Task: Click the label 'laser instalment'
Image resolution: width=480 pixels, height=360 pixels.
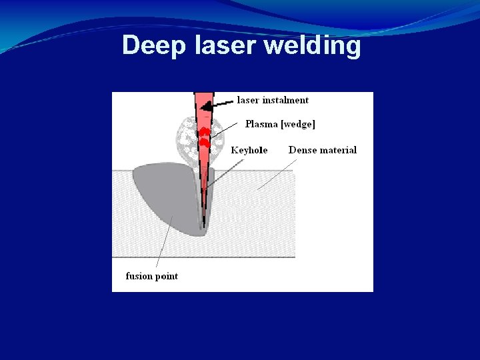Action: [x=273, y=100]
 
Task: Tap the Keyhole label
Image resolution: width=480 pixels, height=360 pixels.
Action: [x=249, y=150]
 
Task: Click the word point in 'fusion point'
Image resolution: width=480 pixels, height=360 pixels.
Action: [x=167, y=276]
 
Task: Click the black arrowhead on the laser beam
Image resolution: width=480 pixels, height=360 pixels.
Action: [x=208, y=105]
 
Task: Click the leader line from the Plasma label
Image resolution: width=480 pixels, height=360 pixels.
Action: [x=225, y=129]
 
